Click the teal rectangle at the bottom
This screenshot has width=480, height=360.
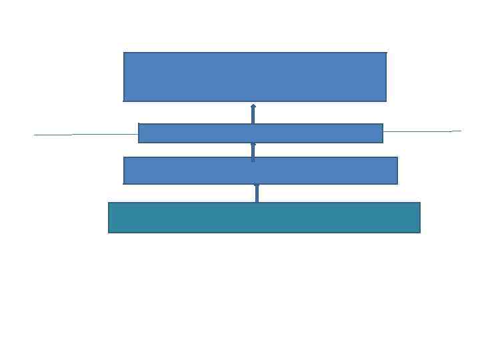[264, 217]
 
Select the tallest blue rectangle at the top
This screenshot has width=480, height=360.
[255, 77]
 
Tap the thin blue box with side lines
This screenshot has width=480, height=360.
[260, 133]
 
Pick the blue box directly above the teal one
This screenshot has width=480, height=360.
[260, 170]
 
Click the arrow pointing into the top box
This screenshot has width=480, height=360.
[253, 114]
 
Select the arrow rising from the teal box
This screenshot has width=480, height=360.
[257, 193]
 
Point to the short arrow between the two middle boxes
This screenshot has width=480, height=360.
[253, 151]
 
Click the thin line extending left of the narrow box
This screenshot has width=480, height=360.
[87, 134]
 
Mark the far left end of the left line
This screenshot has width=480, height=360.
[35, 135]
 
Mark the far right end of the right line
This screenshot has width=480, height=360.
[460, 131]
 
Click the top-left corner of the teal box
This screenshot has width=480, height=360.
[109, 203]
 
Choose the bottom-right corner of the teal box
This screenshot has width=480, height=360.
[420, 232]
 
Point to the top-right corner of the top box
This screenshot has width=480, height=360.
[386, 53]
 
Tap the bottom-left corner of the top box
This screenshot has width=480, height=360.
[124, 101]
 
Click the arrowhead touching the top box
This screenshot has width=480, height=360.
[253, 105]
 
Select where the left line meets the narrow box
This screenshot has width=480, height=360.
[139, 134]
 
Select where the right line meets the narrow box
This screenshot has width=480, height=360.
[383, 132]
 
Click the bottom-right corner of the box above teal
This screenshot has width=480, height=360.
[397, 183]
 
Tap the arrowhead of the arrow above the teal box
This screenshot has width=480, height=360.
[257, 186]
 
